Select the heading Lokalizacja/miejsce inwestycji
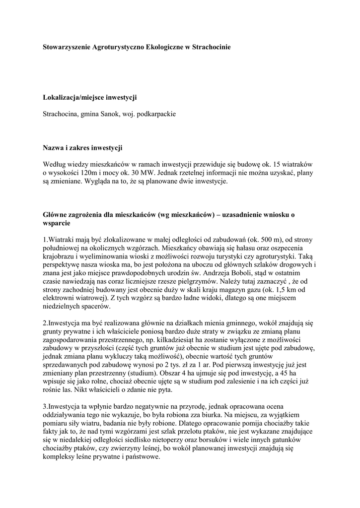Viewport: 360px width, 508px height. click(x=90, y=98)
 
